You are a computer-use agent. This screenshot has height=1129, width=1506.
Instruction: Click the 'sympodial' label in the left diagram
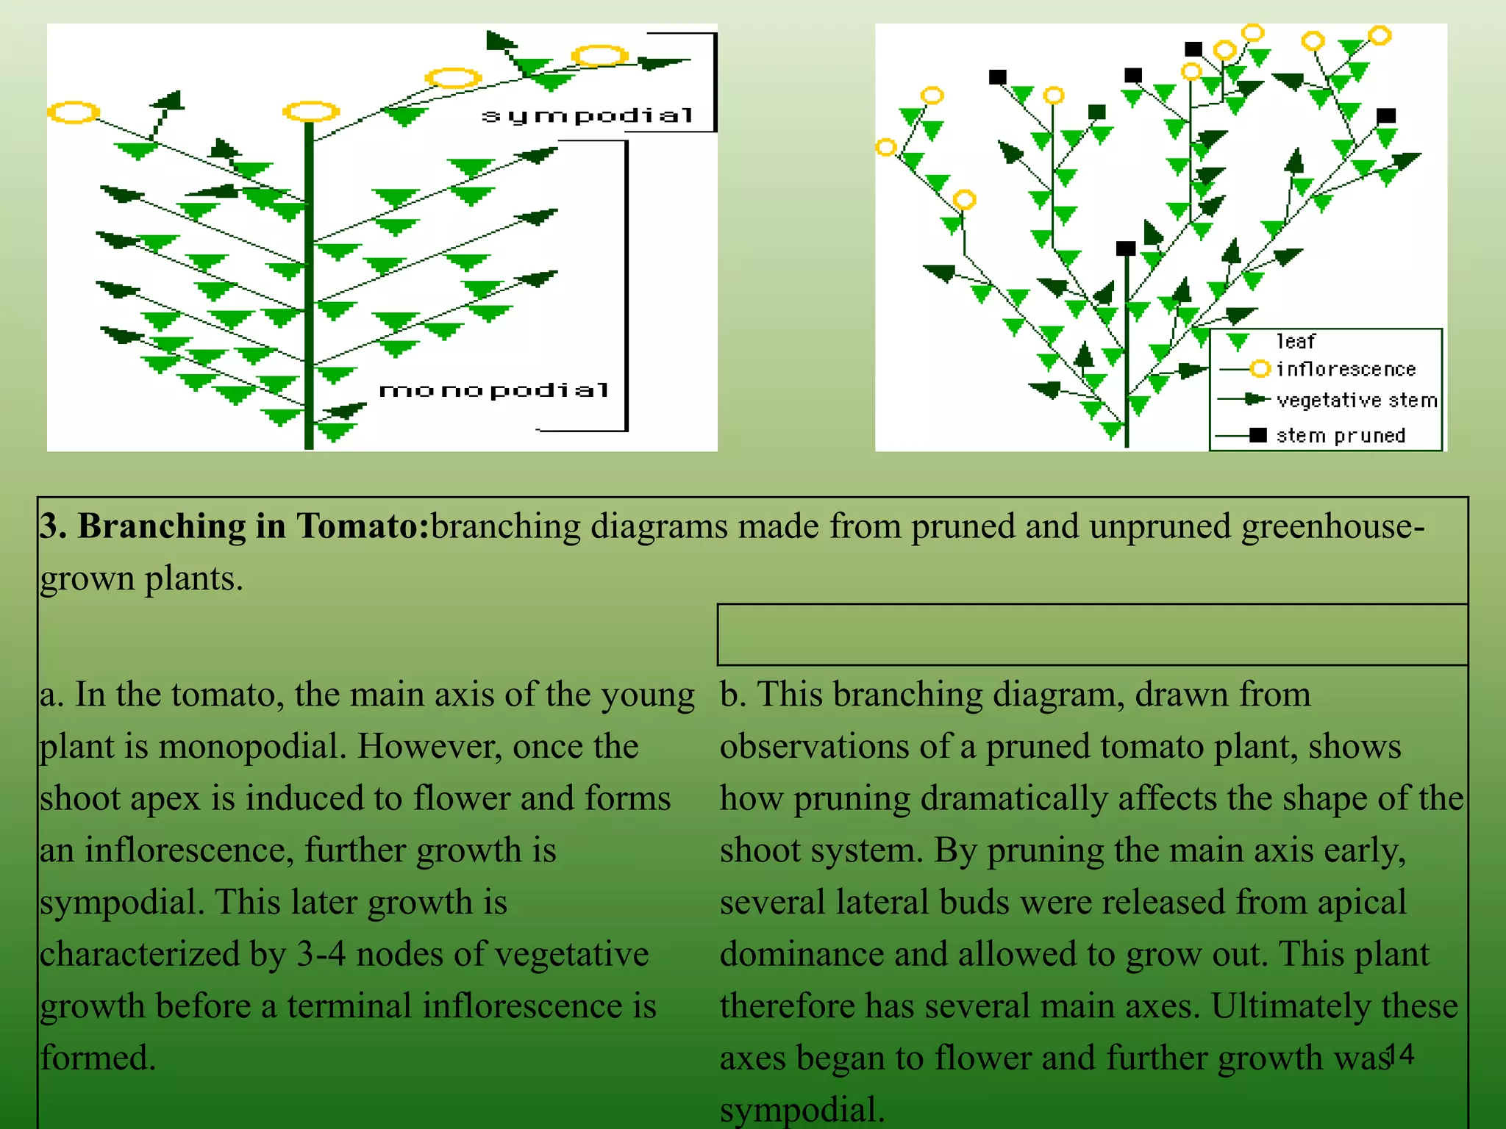click(588, 116)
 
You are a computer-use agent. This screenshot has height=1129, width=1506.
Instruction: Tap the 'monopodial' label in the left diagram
click(494, 390)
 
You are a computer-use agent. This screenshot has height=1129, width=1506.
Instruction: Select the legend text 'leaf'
click(1296, 341)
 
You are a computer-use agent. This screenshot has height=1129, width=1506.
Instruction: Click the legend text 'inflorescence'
click(1346, 368)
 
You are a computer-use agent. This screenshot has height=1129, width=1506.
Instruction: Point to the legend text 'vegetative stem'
click(1357, 401)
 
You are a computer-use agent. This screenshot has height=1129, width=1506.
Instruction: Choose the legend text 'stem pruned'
click(1341, 435)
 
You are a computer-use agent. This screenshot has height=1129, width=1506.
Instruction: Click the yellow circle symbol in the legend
click(1260, 368)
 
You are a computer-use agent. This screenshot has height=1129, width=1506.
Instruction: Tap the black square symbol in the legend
click(1258, 435)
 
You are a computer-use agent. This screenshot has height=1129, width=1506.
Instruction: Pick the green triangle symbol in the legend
click(1238, 341)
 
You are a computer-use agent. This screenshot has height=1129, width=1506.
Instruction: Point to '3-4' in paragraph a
click(321, 954)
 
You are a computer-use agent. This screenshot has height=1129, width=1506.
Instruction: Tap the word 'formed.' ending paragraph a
click(98, 1058)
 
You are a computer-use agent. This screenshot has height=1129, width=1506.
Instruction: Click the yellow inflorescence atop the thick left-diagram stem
click(310, 112)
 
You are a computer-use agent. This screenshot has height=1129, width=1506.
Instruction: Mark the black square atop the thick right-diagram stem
click(1126, 248)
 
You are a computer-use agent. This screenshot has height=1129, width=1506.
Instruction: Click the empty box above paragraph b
click(1093, 634)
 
